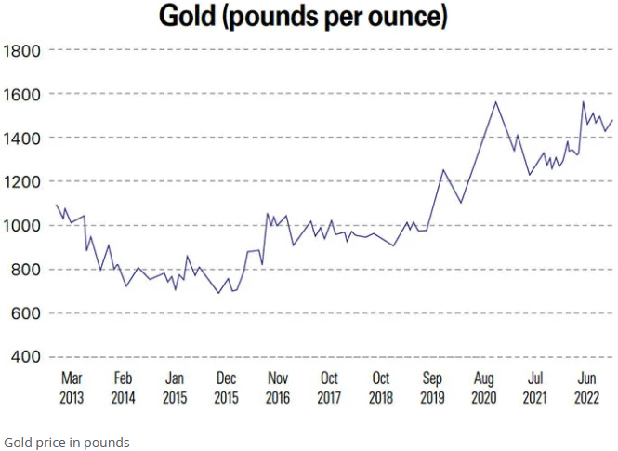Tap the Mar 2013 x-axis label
72,388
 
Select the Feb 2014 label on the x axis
123,388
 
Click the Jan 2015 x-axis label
175,388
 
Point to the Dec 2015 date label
226,388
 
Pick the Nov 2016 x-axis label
278,388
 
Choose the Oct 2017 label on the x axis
329,388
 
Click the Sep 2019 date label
432,388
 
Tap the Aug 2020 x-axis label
483,388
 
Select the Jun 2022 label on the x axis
586,388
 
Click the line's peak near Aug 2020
496,101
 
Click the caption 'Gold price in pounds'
67,442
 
